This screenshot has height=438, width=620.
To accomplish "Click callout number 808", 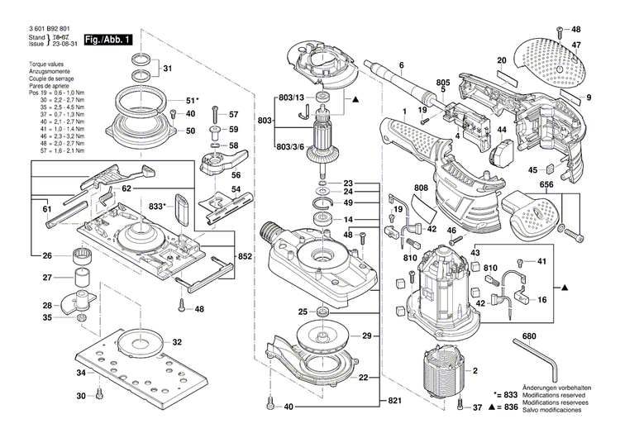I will click(x=420, y=188).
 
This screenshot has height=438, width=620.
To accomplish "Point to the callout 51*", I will click(x=193, y=100).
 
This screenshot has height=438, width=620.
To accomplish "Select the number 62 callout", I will click(x=126, y=188).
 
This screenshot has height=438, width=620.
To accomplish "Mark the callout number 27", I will click(x=47, y=278).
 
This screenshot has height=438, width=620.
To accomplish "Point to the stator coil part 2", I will click(x=446, y=376).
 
